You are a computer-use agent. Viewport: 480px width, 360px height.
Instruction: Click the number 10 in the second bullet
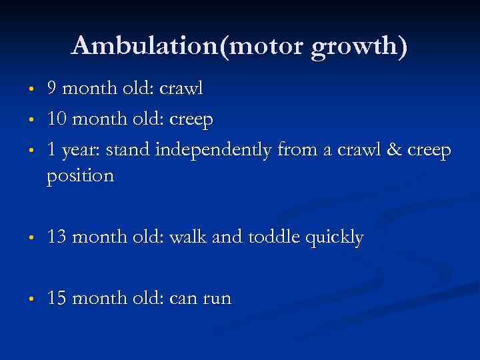click(x=56, y=120)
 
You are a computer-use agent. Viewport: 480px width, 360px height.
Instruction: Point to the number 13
click(x=56, y=238)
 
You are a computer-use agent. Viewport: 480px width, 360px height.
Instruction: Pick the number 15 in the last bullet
click(x=56, y=298)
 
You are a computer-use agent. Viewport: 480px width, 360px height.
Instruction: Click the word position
click(x=81, y=177)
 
